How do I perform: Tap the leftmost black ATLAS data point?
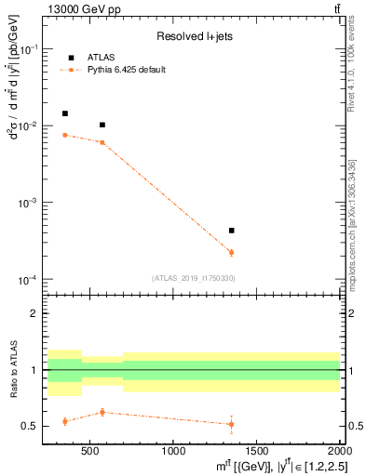click(x=64, y=113)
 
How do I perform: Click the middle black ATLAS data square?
click(x=102, y=125)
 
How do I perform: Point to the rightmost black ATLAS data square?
click(x=231, y=230)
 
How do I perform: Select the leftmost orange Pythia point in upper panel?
click(x=64, y=135)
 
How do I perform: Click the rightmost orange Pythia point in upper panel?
click(x=231, y=252)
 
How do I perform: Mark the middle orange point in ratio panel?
click(x=102, y=412)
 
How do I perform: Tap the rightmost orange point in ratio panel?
click(x=231, y=424)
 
